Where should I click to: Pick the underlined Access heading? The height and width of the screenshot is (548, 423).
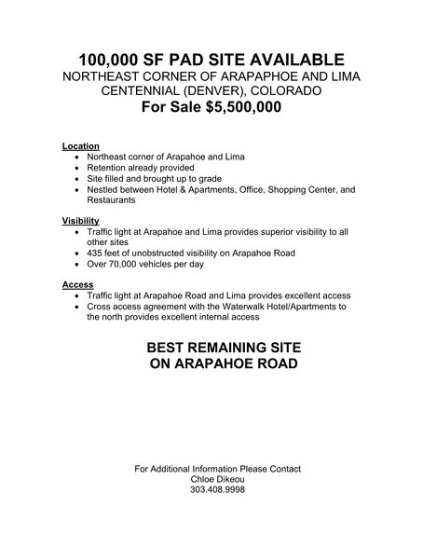coord(78,284)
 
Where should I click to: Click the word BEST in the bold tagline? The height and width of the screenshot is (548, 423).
coord(174,347)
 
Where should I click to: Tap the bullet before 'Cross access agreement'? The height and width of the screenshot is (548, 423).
coord(77,306)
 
